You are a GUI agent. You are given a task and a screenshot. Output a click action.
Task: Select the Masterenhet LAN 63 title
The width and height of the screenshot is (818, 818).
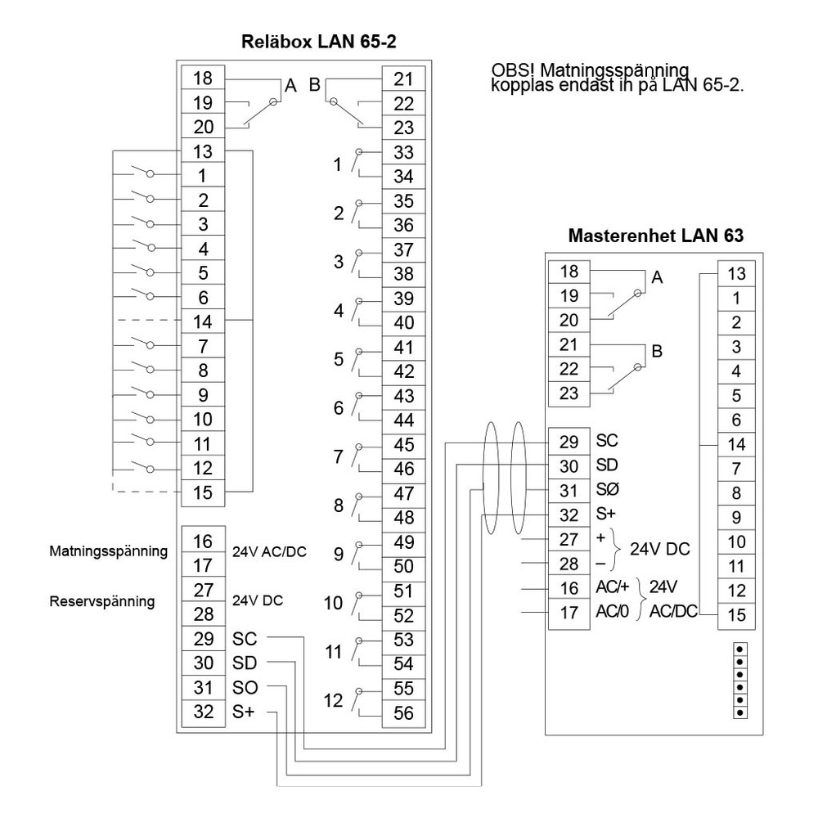(655, 236)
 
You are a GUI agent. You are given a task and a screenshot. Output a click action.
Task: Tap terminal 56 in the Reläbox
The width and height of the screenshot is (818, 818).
(403, 712)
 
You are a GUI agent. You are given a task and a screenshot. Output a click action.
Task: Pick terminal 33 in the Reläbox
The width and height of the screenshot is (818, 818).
(403, 151)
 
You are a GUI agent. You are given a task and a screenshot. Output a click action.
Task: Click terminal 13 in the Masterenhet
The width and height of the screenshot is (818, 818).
(735, 274)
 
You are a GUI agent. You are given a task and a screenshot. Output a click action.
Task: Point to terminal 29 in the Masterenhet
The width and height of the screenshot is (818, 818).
(568, 441)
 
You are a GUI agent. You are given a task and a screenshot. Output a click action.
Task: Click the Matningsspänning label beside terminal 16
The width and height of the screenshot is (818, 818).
(108, 551)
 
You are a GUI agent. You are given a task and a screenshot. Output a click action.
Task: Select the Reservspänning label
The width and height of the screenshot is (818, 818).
(101, 601)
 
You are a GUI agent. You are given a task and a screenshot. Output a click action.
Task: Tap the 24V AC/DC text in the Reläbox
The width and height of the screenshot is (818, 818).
(269, 551)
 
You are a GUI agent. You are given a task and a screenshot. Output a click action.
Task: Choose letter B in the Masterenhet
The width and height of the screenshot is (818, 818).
(655, 352)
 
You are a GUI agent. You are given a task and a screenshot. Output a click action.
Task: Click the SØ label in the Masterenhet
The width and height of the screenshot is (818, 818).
(607, 490)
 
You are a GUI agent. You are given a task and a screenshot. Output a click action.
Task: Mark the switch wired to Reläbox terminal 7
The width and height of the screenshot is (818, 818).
(146, 344)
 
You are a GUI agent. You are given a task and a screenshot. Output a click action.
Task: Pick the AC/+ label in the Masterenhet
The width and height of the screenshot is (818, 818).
(609, 587)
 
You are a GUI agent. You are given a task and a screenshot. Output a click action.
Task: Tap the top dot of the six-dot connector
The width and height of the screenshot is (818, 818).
(740, 648)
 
